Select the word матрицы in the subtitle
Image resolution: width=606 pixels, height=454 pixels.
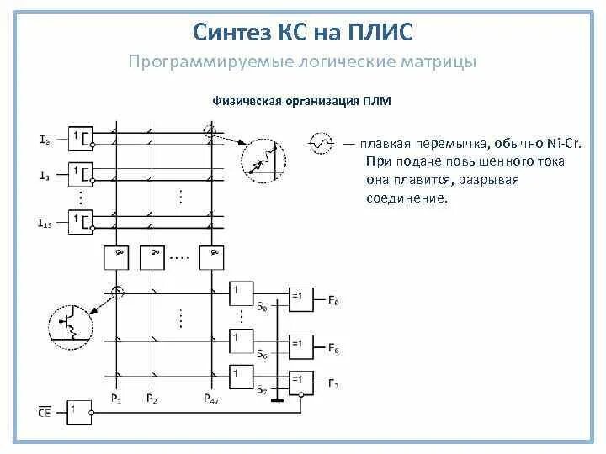437,62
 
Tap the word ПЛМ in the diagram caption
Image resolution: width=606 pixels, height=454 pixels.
377,101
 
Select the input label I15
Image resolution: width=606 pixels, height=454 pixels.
45,224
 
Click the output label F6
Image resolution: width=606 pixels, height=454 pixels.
334,347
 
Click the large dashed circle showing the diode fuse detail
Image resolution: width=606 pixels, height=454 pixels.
263,161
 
